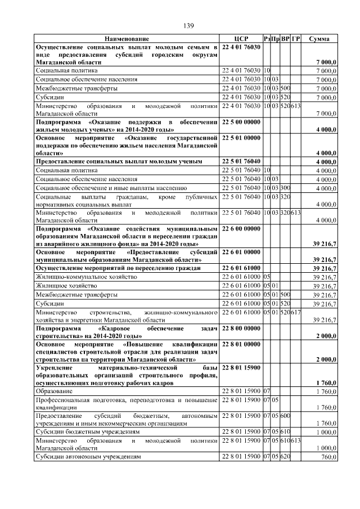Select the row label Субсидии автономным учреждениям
pyautogui.click(x=88, y=457)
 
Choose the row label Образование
pyautogui.click(x=54, y=390)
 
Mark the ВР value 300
pyautogui.click(x=286, y=187)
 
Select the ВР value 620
pyautogui.click(x=286, y=457)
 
